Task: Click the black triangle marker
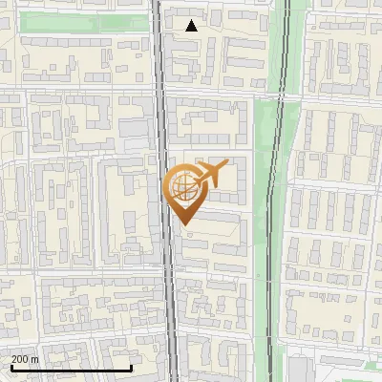coord(192,26)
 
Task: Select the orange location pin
coord(185,192)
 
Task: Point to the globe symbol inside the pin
coord(184,187)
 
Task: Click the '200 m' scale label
coord(25,359)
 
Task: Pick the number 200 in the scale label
coord(20,359)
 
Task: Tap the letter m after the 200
coord(34,359)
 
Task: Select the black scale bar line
coord(71,368)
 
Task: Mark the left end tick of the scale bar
coord(11,366)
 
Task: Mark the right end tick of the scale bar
coord(131,366)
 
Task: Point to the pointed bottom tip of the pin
coord(185,224)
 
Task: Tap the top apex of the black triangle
coord(192,20)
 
